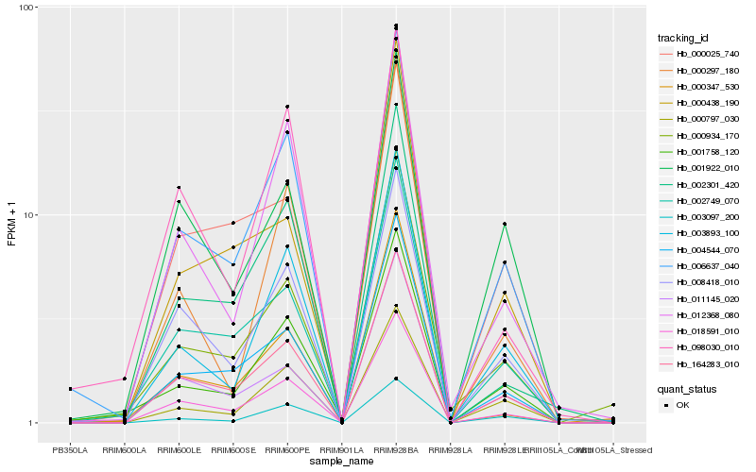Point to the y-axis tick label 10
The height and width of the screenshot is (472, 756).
[29, 215]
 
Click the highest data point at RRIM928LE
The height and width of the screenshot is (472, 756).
[505, 224]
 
